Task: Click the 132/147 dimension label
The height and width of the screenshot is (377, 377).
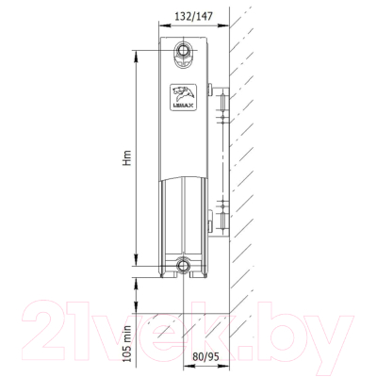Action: tap(194, 16)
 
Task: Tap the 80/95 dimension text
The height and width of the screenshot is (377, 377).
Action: tap(205, 356)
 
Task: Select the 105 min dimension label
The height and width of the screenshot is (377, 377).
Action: tap(126, 344)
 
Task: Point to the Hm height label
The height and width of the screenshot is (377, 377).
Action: tap(126, 158)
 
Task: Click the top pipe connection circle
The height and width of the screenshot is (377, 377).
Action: tap(182, 50)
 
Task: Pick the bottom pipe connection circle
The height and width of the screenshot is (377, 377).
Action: tap(182, 266)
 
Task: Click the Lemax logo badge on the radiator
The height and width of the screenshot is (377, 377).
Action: tap(184, 97)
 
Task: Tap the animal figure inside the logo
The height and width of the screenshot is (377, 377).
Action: tap(184, 93)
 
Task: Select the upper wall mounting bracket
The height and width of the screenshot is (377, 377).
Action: tap(221, 104)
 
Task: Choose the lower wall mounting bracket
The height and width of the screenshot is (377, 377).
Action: tap(221, 218)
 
